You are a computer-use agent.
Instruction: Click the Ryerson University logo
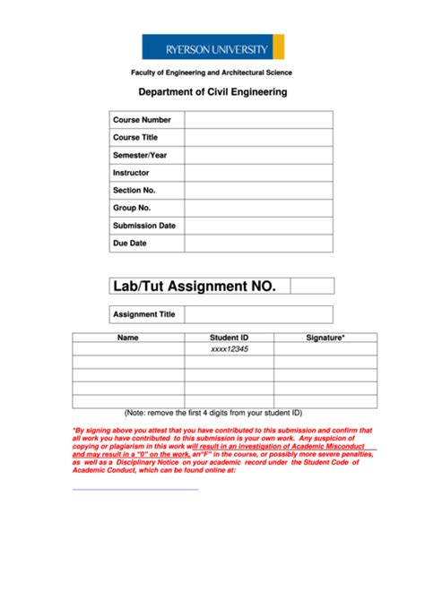[x=212, y=47]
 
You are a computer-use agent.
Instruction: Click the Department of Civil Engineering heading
[x=212, y=91]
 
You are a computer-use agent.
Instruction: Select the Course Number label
[x=142, y=120]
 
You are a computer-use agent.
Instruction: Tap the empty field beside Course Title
[x=258, y=137]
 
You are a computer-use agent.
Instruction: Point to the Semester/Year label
[x=140, y=155]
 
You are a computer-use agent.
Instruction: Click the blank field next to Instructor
[x=258, y=173]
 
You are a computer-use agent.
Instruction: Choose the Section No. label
[x=134, y=190]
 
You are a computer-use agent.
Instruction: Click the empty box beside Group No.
[x=258, y=208]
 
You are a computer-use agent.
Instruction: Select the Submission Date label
[x=144, y=226]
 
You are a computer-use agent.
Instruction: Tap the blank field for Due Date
[x=258, y=243]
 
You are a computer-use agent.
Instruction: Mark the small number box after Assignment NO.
[x=311, y=287]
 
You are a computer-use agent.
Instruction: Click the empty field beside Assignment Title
[x=258, y=314]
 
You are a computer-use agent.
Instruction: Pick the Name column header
[x=128, y=338]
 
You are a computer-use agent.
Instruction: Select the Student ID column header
[x=229, y=338]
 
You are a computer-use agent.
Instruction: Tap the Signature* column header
[x=325, y=338]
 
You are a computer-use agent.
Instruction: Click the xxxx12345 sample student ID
[x=229, y=349]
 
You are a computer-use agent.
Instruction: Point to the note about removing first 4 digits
[x=213, y=413]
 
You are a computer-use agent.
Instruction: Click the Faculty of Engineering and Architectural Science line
[x=212, y=73]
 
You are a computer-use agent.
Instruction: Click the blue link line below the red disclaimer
[x=134, y=489]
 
